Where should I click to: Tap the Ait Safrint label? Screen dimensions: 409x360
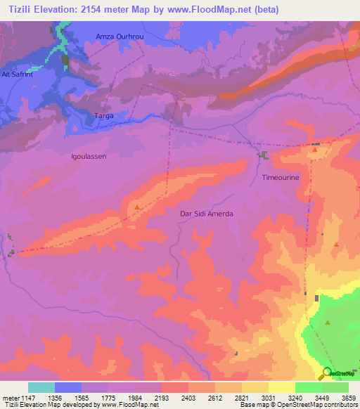point(17,73)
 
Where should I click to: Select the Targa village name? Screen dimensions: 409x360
point(103,115)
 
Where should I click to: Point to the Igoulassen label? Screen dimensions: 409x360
point(89,157)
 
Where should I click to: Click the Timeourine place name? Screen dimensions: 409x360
point(281,178)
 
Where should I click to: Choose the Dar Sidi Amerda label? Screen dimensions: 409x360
point(205,213)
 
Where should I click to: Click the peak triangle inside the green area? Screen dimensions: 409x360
point(328,323)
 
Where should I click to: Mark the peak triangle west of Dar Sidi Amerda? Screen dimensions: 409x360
point(136,207)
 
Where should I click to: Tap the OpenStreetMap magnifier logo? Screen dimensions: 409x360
point(326,372)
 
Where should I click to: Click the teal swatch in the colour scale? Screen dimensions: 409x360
point(41,387)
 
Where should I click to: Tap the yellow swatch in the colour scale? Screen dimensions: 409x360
point(282,387)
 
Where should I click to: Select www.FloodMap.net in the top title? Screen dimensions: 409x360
point(215,10)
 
